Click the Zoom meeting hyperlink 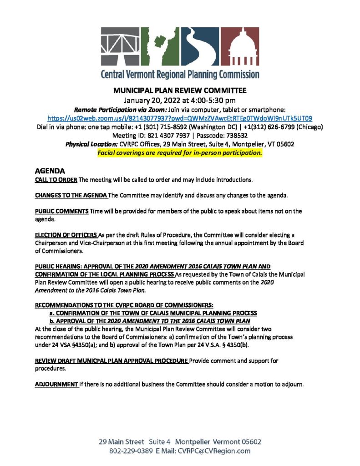180,117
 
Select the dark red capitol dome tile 241,47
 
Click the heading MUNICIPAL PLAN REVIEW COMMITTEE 180,90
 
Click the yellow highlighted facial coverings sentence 180,153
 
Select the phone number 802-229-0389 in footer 130,451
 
